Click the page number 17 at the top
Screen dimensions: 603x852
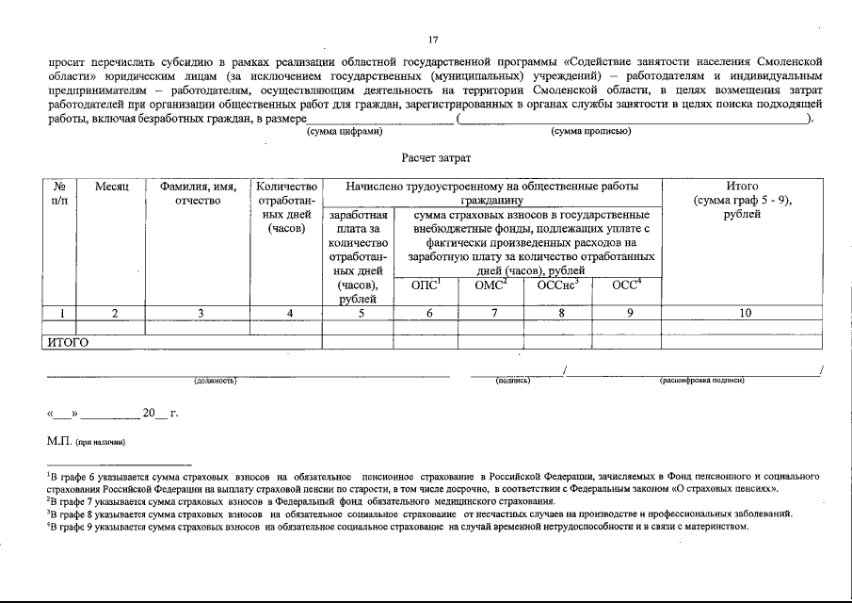pos(433,40)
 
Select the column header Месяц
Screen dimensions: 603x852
pos(111,187)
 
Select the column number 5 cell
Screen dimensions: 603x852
pos(357,313)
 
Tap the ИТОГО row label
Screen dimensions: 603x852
pos(68,343)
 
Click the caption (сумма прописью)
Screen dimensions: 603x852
pos(590,131)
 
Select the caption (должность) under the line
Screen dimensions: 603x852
pos(214,381)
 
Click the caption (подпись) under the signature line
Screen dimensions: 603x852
pos(513,381)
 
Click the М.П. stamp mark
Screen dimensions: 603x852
pos(59,441)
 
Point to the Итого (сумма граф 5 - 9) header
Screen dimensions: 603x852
pos(743,200)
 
